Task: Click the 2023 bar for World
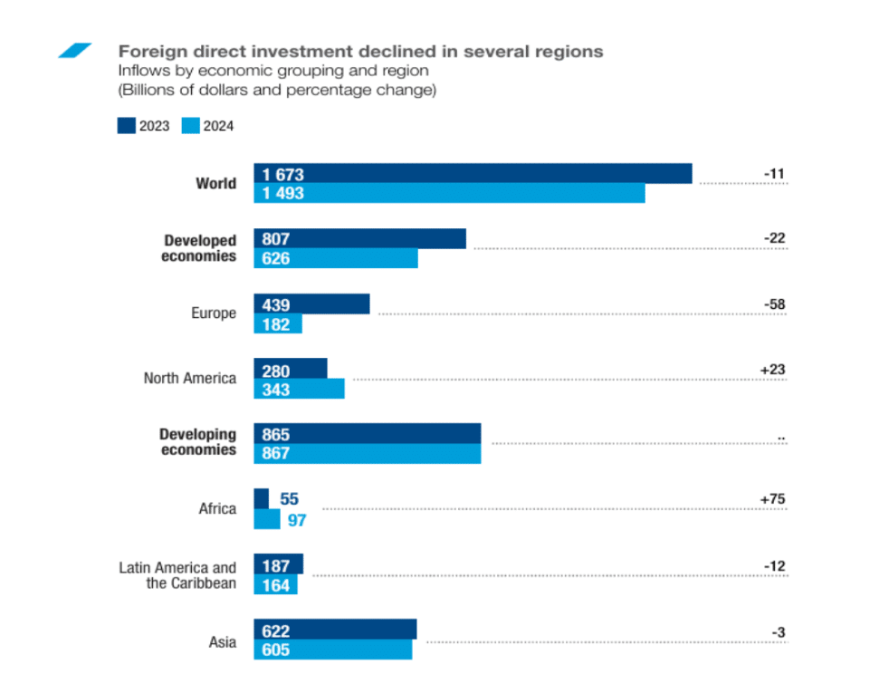click(473, 174)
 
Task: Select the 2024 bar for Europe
click(278, 324)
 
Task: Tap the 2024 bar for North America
click(299, 389)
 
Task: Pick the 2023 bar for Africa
click(262, 498)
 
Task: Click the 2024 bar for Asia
click(332, 650)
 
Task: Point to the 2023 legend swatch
click(126, 126)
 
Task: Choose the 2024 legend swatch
click(190, 126)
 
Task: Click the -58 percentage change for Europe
click(774, 304)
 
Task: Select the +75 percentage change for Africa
click(772, 499)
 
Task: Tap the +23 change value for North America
click(772, 370)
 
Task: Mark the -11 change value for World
click(774, 174)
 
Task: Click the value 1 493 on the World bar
click(283, 193)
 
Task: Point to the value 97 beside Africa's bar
click(297, 519)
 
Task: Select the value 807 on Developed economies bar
click(276, 239)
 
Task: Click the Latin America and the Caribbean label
click(177, 575)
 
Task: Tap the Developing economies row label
click(197, 442)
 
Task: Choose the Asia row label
click(222, 642)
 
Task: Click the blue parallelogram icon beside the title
click(75, 51)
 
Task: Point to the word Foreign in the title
click(149, 52)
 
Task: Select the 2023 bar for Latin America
click(279, 564)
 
